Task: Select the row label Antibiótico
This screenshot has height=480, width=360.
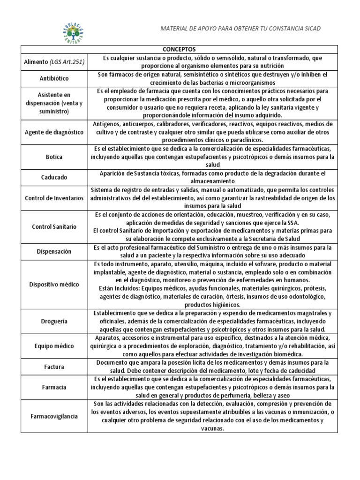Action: coord(54,78)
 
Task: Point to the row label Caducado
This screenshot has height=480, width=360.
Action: coord(54,178)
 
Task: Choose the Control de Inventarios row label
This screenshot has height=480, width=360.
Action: coord(54,198)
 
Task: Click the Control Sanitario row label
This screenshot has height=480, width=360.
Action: coord(54,227)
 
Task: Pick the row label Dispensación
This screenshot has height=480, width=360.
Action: coord(54,252)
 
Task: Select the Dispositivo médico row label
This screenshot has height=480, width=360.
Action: coord(54,285)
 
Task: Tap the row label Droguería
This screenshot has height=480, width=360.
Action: coord(54,322)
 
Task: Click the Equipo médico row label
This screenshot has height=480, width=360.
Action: coord(54,346)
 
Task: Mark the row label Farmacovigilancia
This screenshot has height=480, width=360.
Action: coord(54,416)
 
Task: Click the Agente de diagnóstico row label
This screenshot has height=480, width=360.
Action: coord(54,132)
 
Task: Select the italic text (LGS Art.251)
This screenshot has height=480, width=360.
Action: coord(67,62)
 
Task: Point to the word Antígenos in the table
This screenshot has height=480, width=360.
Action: coord(106,124)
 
